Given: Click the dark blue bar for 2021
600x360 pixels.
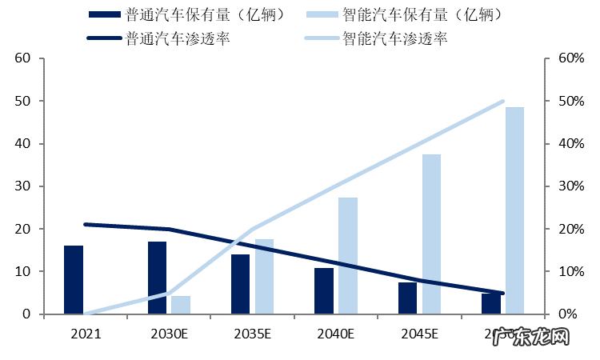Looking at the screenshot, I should pyautogui.click(x=74, y=280).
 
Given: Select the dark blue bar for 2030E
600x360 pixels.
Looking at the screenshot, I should pyautogui.click(x=157, y=278).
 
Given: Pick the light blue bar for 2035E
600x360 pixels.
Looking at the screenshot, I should pyautogui.click(x=264, y=277).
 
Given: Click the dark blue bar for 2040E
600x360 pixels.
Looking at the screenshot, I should pyautogui.click(x=324, y=291).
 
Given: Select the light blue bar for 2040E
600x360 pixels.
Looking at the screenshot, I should pyautogui.click(x=348, y=256).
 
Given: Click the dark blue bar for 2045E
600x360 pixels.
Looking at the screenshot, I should pyautogui.click(x=407, y=298).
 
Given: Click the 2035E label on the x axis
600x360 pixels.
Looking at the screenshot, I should pyautogui.click(x=252, y=333).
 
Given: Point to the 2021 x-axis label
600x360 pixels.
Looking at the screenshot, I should pyautogui.click(x=86, y=333).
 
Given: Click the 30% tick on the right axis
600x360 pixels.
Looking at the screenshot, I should pyautogui.click(x=570, y=186).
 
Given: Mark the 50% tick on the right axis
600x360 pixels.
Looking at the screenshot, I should pyautogui.click(x=570, y=102).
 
